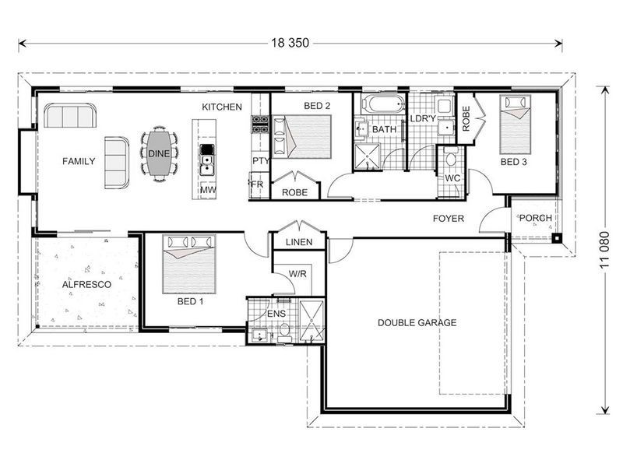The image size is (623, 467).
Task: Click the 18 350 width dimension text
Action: (290, 43)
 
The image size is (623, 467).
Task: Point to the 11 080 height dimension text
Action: (604, 250)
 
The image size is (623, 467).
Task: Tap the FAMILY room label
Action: (79, 161)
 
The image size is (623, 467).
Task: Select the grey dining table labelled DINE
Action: (159, 153)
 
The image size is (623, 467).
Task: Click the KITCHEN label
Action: (222, 107)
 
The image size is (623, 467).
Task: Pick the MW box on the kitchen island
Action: (208, 190)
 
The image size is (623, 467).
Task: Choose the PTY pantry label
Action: (261, 161)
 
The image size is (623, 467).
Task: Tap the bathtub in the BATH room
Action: (384, 104)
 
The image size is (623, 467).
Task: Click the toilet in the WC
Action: (451, 159)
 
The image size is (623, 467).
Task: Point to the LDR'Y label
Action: (423, 118)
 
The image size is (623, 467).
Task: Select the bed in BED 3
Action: (516, 125)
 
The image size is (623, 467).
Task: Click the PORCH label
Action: (536, 218)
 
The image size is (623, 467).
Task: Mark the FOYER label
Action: (449, 219)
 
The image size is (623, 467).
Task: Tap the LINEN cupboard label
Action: (299, 242)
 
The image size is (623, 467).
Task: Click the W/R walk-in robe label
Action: (297, 274)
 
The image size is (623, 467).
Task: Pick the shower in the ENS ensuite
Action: (312, 321)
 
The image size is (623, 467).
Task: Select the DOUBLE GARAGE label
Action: (417, 322)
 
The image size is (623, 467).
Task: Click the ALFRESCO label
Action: (86, 284)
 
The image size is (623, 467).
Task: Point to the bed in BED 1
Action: (189, 264)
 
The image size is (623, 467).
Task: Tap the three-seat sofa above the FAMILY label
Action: (70, 115)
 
